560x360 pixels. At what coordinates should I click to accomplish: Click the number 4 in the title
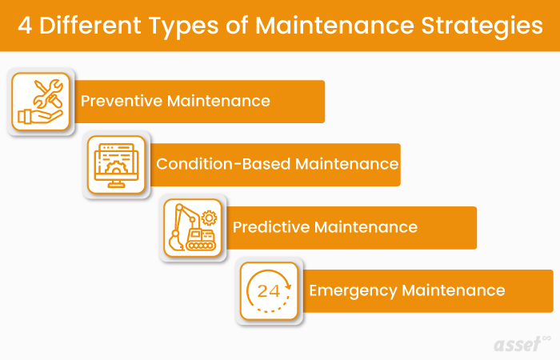point(26,26)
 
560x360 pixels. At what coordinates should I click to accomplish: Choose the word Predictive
point(270,227)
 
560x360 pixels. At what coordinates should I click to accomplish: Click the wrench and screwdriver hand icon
point(41,101)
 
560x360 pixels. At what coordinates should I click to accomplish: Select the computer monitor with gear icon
point(117,165)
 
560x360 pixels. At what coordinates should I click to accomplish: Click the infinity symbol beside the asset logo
point(546,337)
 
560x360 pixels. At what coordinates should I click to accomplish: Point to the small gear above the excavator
point(210,217)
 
